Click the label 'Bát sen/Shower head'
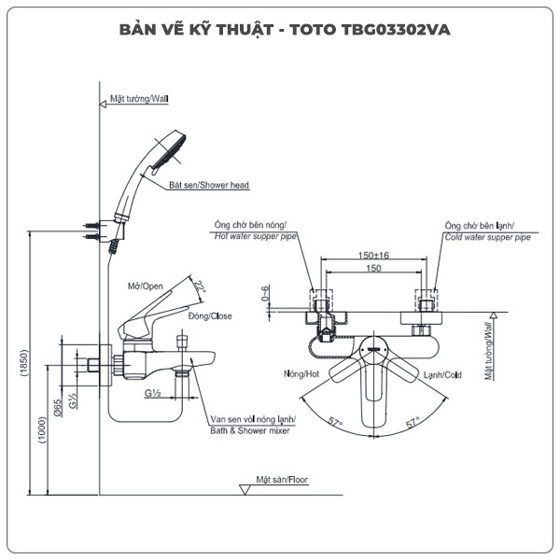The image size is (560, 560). tap(208, 186)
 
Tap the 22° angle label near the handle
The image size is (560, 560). tap(199, 291)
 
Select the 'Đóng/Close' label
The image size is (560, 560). tap(210, 316)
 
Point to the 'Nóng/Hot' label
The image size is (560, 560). tap(303, 374)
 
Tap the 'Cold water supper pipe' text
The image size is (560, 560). tap(487, 238)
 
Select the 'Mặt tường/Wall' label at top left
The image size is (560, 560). tap(140, 97)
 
